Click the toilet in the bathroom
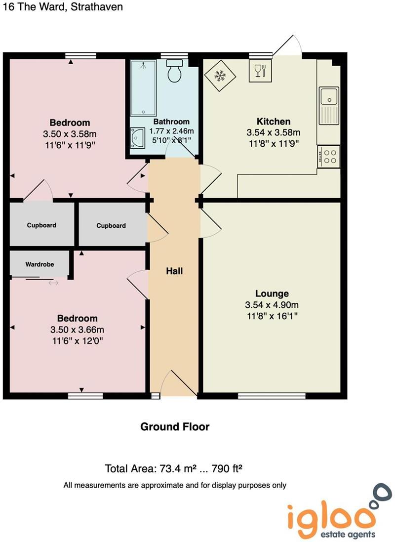[x=174, y=71]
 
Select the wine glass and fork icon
[x=260, y=71]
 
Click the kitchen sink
[x=328, y=106]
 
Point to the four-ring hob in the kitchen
[x=328, y=156]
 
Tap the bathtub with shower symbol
[x=143, y=88]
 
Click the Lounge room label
[x=272, y=293]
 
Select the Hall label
[x=174, y=271]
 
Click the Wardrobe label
[x=39, y=264]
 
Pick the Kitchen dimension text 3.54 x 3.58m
[x=273, y=132]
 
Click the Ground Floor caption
[x=175, y=427]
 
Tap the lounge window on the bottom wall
[x=272, y=396]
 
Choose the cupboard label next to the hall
[x=111, y=226]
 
